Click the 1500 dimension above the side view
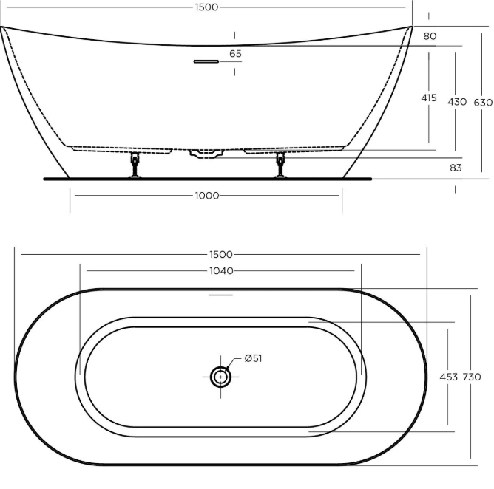[206, 7]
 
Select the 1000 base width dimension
[207, 196]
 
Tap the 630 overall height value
[483, 103]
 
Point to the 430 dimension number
[457, 102]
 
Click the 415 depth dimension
[429, 98]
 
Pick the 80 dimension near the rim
[430, 36]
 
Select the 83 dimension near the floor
[456, 168]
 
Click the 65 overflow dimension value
[235, 54]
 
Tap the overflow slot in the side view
[206, 61]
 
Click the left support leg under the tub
[135, 165]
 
